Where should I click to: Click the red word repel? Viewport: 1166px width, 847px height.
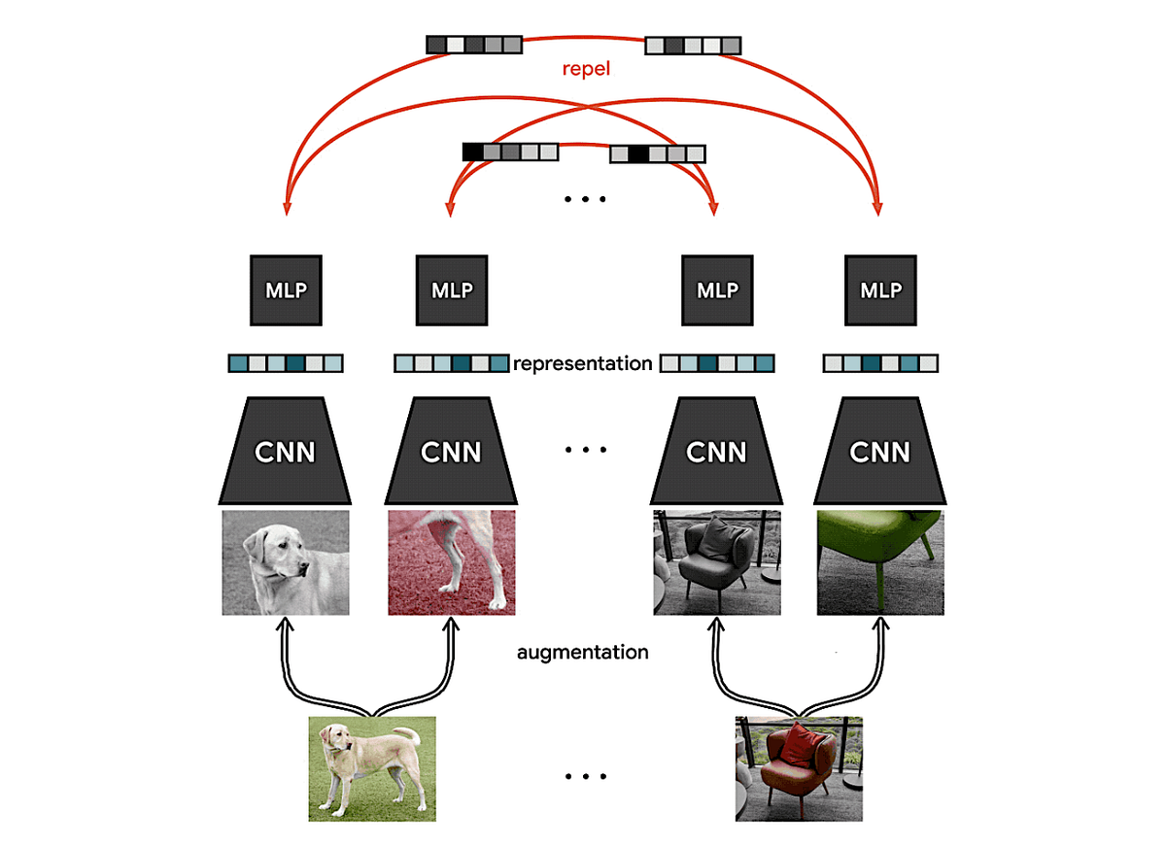point(586,70)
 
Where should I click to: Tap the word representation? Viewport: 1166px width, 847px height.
point(583,364)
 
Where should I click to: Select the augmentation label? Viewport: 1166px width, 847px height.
point(582,652)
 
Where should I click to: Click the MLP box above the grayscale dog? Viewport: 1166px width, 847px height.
point(286,290)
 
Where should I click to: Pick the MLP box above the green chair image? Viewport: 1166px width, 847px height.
point(880,290)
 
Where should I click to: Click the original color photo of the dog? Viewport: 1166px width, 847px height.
point(372,768)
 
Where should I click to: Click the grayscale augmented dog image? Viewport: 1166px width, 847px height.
point(286,562)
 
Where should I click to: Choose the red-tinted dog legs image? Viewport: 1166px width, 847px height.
point(451,562)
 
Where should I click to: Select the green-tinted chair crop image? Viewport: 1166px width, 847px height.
point(880,562)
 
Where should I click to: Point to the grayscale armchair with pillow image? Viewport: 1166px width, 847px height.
point(717,562)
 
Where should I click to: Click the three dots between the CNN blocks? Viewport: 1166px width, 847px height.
point(585,450)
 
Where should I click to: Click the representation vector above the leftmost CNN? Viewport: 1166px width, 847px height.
point(286,364)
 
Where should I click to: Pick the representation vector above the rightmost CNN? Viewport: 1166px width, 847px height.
point(880,364)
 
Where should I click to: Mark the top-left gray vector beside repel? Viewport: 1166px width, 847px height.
point(474,45)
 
